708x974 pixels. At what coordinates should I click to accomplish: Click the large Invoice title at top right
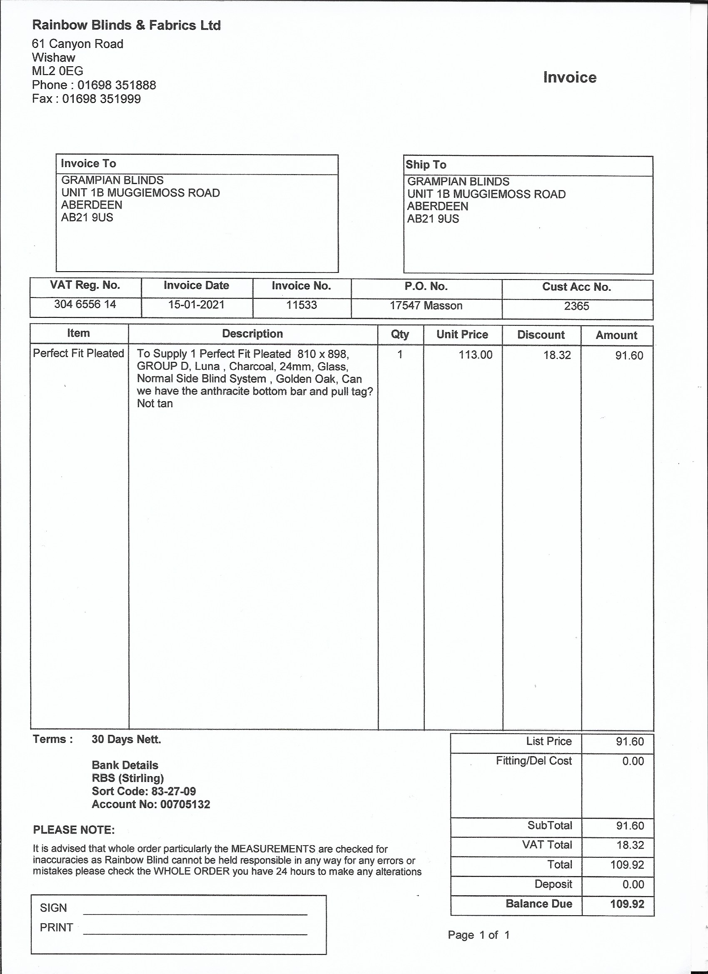pos(569,77)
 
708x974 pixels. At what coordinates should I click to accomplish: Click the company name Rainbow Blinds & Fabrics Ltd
pos(126,25)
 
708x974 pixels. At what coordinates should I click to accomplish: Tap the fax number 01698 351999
pos(101,99)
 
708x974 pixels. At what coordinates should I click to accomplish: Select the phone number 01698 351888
pos(116,85)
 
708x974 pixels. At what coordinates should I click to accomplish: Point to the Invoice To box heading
pos(88,164)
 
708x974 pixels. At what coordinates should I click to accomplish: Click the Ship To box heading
pos(426,165)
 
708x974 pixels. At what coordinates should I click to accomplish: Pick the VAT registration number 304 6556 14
pos(85,305)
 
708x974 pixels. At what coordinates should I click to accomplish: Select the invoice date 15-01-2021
pos(196,305)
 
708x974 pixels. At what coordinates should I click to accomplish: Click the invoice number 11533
pos(302,305)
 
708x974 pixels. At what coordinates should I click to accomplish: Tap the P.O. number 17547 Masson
pos(426,306)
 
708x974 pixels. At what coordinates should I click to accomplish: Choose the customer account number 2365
pos(576,306)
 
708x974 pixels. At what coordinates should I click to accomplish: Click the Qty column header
pos(400,335)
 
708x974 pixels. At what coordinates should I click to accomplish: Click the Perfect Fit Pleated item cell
pos(79,353)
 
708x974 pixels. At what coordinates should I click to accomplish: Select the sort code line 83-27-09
pos(144,791)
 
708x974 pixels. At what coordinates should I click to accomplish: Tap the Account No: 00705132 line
pos(151,804)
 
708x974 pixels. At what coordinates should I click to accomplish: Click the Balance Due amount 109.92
pos(627,904)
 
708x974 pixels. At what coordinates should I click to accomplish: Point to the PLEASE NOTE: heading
pos(74,830)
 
